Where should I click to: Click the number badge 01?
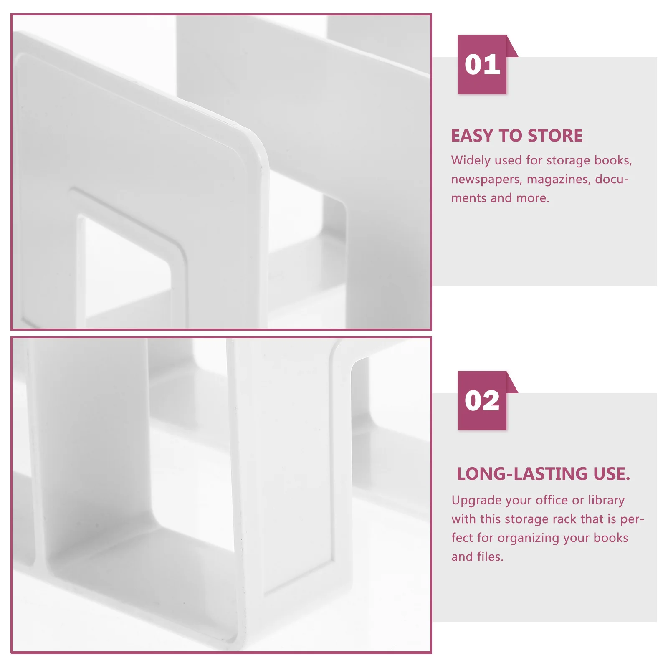[482, 65]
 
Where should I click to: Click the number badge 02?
[482, 401]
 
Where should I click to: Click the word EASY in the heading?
[472, 136]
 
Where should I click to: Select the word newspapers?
[486, 180]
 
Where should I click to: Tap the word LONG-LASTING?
[522, 474]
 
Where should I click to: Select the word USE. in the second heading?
[611, 474]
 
